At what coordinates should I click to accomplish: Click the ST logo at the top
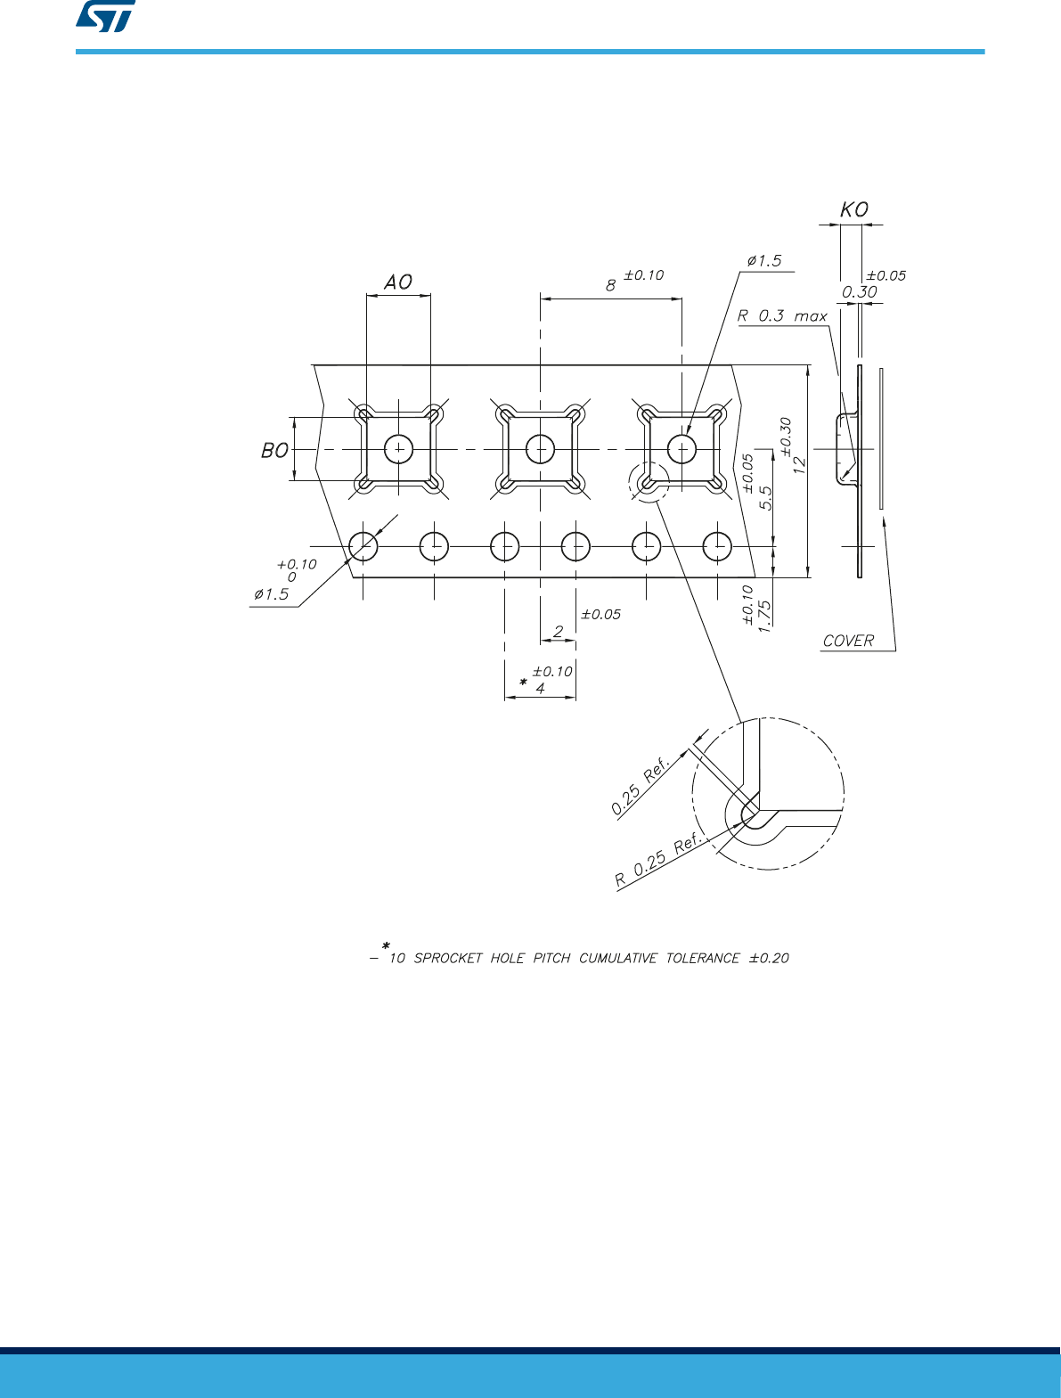pos(105,16)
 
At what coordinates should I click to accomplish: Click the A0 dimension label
pos(398,282)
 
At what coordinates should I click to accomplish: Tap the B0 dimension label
pos(275,451)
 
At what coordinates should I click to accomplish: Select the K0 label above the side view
pos(854,209)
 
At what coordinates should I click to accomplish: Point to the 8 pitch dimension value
pos(611,285)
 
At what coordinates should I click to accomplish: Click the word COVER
pos(848,641)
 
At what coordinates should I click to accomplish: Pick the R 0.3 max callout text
pos(782,316)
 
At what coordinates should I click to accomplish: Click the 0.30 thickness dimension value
pos(860,292)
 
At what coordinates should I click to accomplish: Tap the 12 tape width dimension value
pos(799,465)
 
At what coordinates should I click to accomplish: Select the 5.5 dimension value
pos(765,498)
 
